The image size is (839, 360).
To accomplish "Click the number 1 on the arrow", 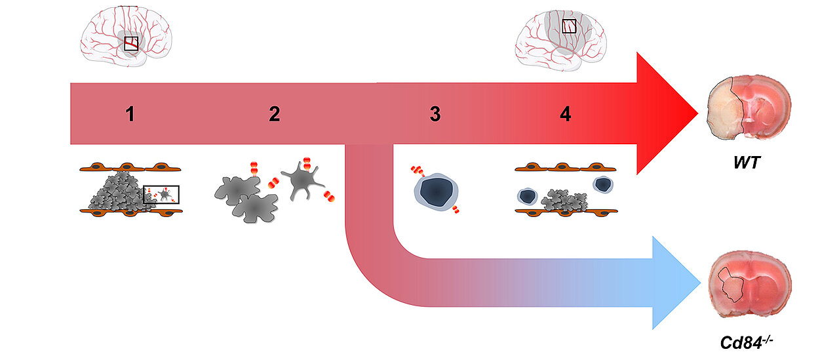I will [x=130, y=114].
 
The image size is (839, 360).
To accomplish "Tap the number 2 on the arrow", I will [x=274, y=114].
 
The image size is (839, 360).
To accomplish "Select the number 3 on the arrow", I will [x=435, y=114].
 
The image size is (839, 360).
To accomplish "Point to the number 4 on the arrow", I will [x=565, y=114].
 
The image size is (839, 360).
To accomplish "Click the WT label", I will [x=747, y=162].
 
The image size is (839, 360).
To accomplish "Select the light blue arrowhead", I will [x=675, y=283].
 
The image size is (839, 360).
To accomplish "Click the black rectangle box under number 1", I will [x=161, y=194].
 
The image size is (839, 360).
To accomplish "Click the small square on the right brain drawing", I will [x=569, y=26].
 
